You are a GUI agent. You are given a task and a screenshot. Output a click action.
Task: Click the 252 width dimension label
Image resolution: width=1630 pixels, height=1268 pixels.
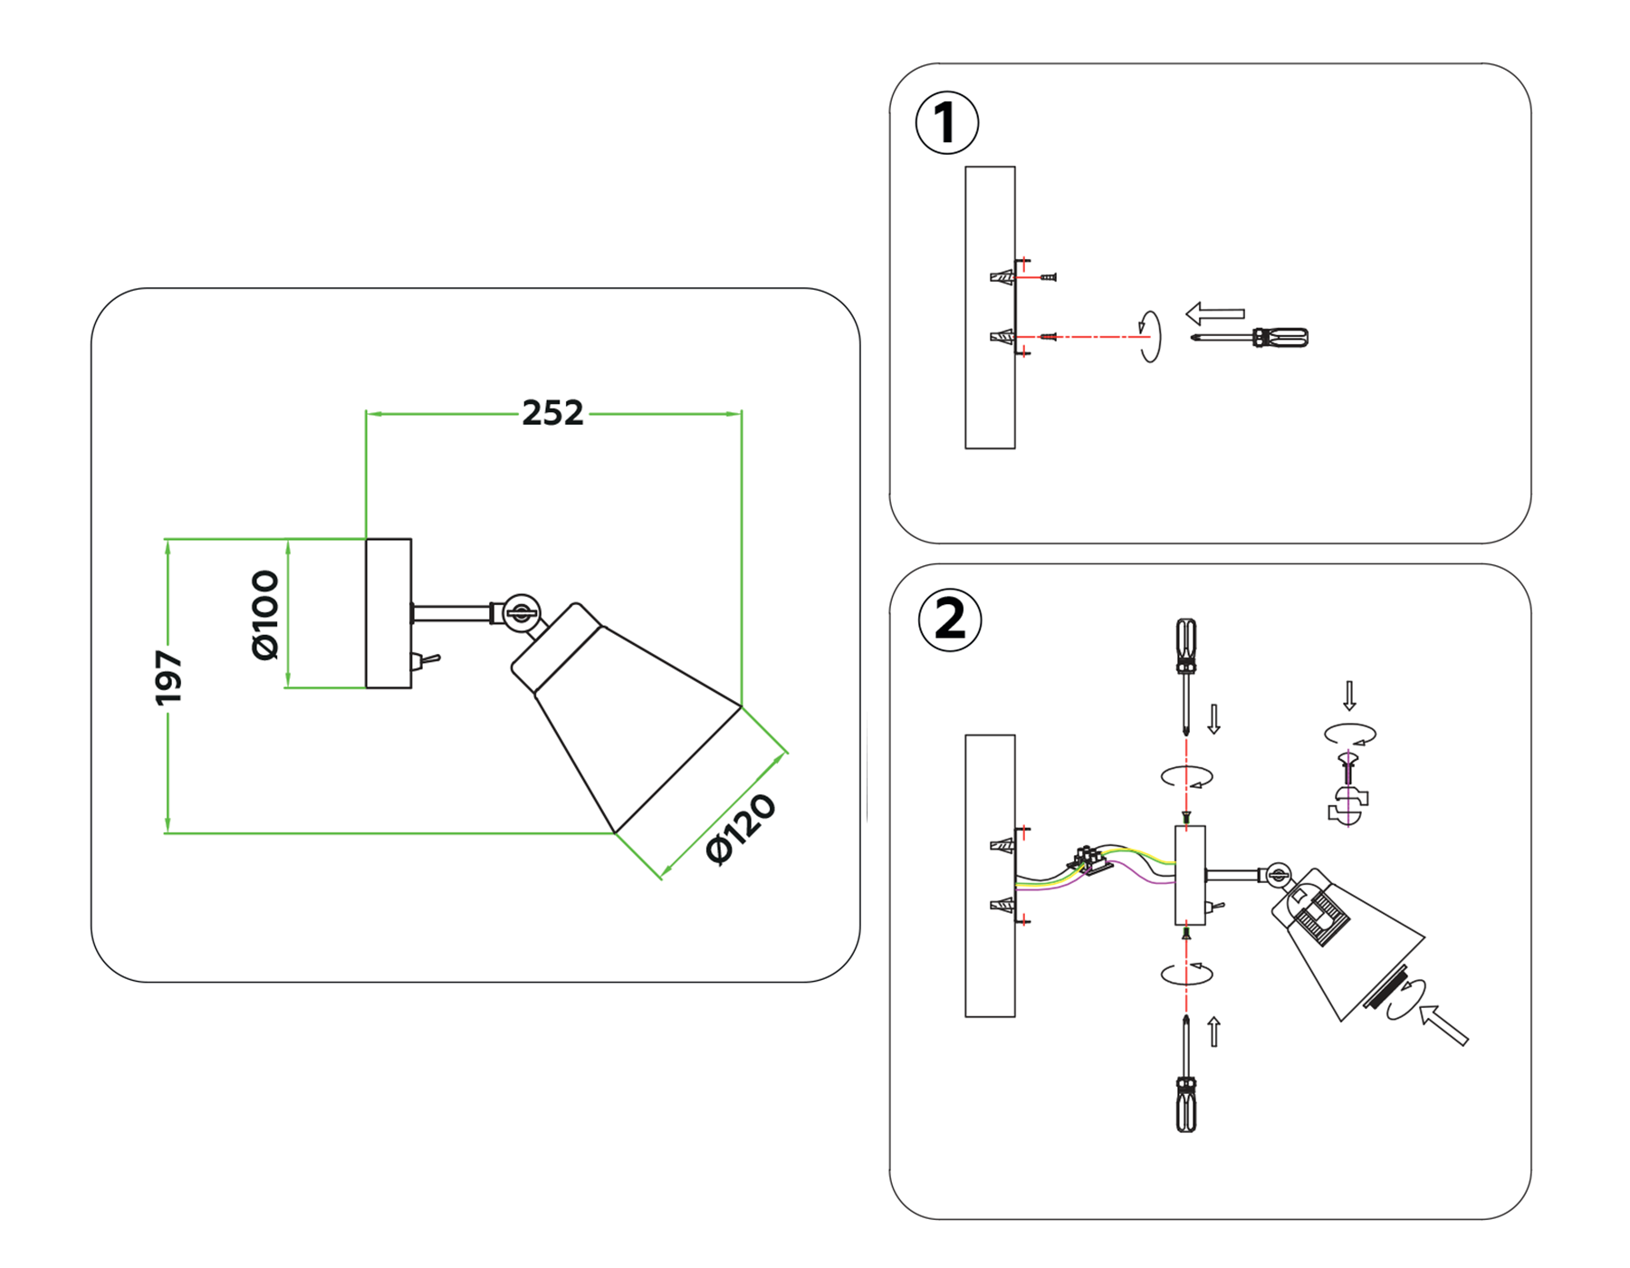coord(552,413)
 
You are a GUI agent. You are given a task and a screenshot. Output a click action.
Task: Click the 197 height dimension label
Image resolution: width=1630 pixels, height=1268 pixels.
coord(168,677)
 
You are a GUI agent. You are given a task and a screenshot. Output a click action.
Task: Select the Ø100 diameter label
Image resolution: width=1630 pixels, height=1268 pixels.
coord(265,615)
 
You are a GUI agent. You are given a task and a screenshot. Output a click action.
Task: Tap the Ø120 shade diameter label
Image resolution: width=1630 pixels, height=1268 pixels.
coord(741,830)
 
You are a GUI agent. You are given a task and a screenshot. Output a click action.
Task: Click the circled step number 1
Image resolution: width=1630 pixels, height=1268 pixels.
coord(946,122)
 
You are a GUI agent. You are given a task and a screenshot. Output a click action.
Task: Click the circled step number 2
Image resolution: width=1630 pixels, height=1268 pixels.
coord(949,620)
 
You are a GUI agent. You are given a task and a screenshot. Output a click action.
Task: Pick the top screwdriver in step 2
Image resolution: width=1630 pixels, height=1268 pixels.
coord(1185,670)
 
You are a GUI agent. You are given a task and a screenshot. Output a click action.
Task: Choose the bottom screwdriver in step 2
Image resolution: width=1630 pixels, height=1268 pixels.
coord(1185,1078)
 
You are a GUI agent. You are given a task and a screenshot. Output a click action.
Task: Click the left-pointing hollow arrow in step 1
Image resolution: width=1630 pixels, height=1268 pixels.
coord(1214,313)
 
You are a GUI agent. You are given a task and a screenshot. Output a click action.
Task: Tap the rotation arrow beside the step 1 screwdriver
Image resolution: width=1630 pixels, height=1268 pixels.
coord(1149,336)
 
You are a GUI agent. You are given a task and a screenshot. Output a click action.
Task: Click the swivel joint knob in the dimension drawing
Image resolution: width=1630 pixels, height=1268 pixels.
coord(521,613)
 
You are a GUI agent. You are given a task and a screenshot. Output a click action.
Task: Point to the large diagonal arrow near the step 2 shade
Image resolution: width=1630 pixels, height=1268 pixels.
coord(1443,1025)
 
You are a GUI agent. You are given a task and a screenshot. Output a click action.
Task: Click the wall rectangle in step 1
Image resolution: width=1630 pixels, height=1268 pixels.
coord(989,308)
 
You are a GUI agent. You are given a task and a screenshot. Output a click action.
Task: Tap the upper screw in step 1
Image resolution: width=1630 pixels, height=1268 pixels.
coord(1049,277)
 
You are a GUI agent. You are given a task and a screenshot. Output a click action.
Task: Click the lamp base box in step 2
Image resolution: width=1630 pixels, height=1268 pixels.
coord(1189,874)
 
